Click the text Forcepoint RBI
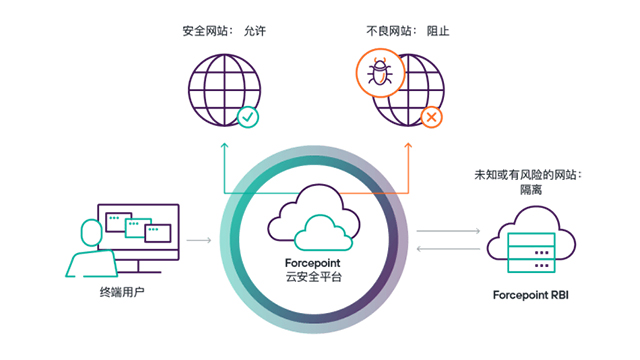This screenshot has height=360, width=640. [x=531, y=296]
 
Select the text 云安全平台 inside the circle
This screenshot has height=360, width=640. [x=313, y=276]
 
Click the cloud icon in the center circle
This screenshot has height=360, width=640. [x=313, y=221]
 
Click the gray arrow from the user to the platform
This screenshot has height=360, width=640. [x=199, y=240]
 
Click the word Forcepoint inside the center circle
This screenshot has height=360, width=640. [x=313, y=261]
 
